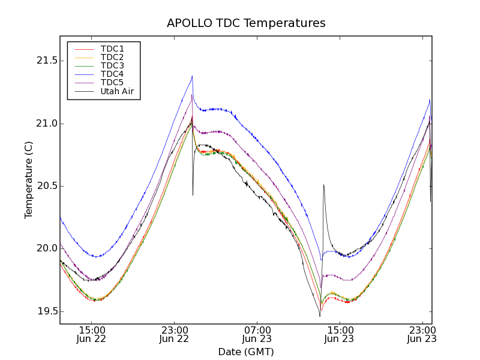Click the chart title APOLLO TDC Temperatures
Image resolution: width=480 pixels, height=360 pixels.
(246, 23)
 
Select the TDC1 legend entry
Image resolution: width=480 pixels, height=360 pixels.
(112, 49)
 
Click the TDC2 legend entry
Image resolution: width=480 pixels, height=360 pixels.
(112, 57)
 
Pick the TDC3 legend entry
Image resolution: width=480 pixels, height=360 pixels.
(112, 65)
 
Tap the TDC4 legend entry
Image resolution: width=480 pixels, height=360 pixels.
(112, 74)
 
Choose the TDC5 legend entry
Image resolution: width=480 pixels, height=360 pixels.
(112, 82)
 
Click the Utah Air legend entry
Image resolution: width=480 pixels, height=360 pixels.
(117, 91)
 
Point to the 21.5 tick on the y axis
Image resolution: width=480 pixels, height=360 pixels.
(46, 61)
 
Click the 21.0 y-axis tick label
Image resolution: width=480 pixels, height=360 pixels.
(46, 124)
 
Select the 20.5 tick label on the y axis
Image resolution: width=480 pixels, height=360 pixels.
(46, 186)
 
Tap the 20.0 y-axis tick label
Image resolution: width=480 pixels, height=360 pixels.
(46, 248)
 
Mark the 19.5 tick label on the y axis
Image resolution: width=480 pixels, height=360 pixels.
(46, 311)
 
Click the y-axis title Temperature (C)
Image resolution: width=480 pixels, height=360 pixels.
(29, 180)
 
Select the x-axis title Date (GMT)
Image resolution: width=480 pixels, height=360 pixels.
(246, 352)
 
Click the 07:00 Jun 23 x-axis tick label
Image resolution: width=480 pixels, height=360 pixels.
(257, 334)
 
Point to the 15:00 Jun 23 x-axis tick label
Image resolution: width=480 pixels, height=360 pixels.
(340, 334)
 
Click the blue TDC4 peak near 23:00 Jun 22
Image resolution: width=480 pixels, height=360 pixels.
(192, 76)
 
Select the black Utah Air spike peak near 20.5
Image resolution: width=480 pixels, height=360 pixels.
(323, 185)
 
